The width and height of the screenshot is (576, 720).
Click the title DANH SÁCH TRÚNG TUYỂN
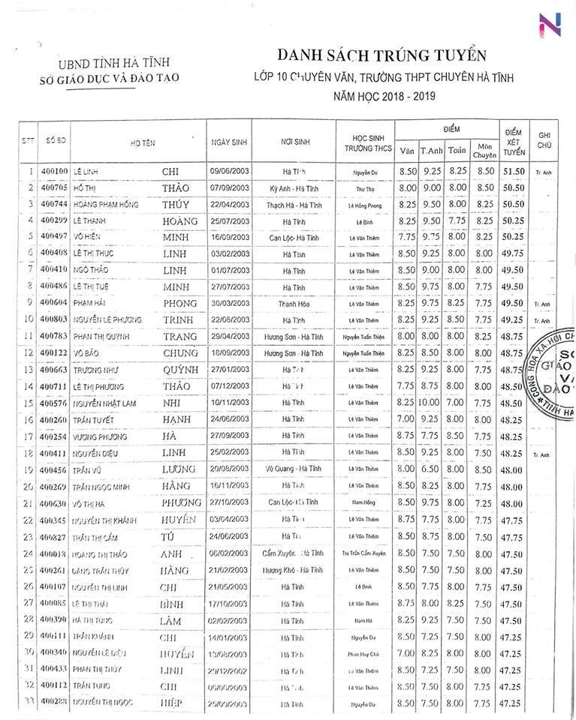(x=381, y=56)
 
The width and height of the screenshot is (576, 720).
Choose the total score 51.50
(x=514, y=172)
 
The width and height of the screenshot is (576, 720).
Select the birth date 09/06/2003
(x=228, y=172)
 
